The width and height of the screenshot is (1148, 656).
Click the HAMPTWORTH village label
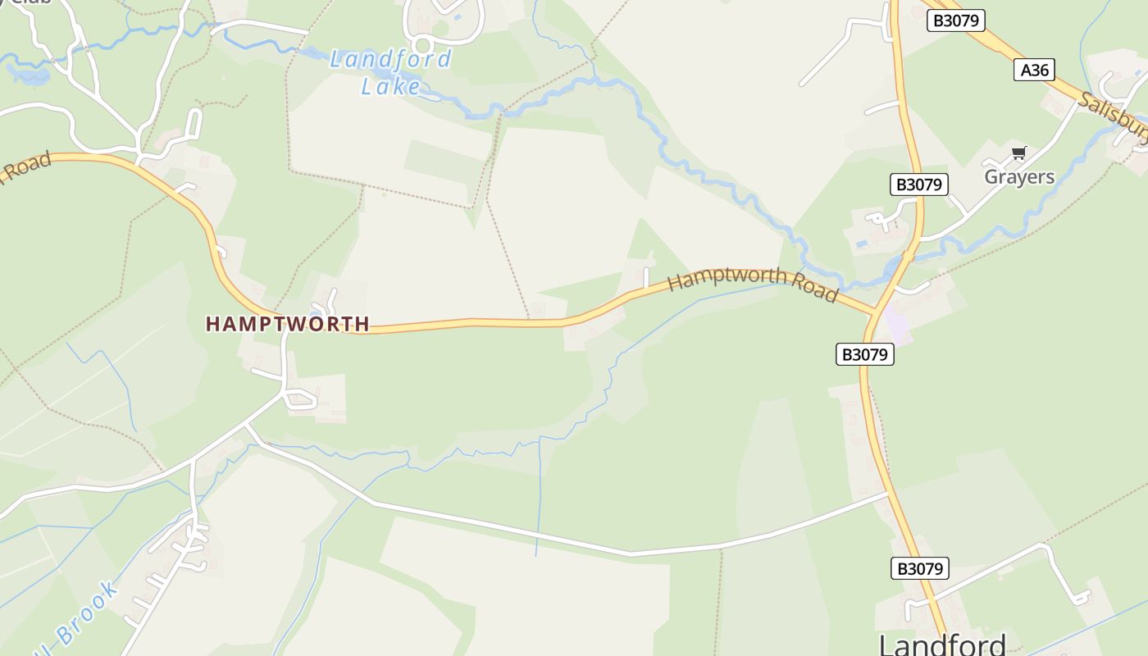tap(287, 324)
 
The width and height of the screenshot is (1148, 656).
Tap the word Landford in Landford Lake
tap(390, 60)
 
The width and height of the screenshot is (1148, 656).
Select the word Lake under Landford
tap(391, 85)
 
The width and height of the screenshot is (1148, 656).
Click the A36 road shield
tap(1034, 70)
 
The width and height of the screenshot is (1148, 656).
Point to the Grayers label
tap(1018, 176)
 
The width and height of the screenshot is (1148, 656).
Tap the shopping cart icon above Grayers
tap(1018, 153)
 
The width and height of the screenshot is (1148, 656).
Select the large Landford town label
tap(942, 645)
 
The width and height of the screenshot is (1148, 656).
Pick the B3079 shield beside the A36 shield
tap(955, 20)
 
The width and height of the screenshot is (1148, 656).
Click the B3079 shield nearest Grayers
tap(918, 184)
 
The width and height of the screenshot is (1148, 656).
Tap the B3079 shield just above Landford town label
tap(919, 568)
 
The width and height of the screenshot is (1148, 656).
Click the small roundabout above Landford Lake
tap(422, 44)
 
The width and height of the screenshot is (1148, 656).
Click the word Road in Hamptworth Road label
tap(814, 288)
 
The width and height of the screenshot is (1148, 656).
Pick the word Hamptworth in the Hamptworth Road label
tap(727, 278)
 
